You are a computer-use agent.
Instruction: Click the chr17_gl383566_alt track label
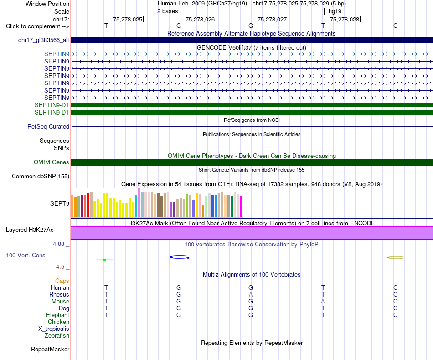coord(44,40)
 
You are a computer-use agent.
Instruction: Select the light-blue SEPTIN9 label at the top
coord(57,54)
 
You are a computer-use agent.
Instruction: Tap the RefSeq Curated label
coord(48,127)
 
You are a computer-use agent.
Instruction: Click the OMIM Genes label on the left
coord(52,162)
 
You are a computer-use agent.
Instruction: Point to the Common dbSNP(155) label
coord(41,177)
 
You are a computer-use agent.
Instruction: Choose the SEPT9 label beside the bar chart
coord(60,204)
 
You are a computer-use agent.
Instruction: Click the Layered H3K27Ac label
coord(30,230)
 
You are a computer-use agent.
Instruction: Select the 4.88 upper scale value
coord(58,244)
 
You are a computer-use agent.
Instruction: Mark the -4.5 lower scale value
coord(59,267)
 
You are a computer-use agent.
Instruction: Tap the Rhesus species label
coord(59,294)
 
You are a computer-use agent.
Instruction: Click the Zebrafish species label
coord(57,336)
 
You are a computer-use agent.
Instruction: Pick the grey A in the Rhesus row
coord(251,294)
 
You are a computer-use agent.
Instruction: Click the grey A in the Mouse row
coord(323,302)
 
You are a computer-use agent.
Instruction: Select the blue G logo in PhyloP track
coord(180,257)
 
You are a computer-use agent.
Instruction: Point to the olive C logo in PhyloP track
coord(396,258)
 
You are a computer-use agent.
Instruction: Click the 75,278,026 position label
coord(200,19)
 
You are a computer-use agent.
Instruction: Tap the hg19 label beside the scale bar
coord(335,11)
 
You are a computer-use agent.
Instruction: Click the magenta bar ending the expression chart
coord(242,207)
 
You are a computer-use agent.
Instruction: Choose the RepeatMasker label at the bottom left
coord(50,350)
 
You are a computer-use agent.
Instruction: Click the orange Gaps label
coord(62,281)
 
